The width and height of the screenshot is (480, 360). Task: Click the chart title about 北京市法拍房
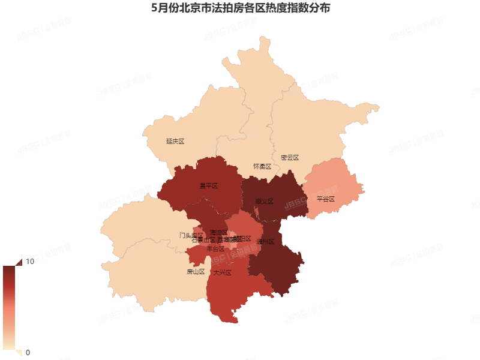pos(240,9)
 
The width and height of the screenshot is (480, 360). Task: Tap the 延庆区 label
pos(175,142)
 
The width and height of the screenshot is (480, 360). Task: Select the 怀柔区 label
pos(262,166)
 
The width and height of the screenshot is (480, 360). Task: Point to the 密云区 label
pos(290,158)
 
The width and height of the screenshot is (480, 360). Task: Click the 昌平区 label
pos(208,186)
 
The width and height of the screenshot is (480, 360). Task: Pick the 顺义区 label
pos(265,202)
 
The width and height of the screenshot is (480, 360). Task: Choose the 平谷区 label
pos(326,199)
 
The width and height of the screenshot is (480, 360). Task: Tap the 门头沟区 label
pos(190,235)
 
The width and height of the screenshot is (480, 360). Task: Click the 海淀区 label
pos(219,232)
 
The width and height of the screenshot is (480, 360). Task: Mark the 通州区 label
pos(265,242)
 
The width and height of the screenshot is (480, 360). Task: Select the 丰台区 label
pos(215,248)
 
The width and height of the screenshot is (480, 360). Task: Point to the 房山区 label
pos(196,272)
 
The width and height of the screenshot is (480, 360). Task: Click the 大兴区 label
pos(223,272)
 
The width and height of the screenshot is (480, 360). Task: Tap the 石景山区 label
pos(203,241)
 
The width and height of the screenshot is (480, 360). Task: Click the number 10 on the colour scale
pos(29,262)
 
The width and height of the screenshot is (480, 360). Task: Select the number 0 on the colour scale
pos(28,352)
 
